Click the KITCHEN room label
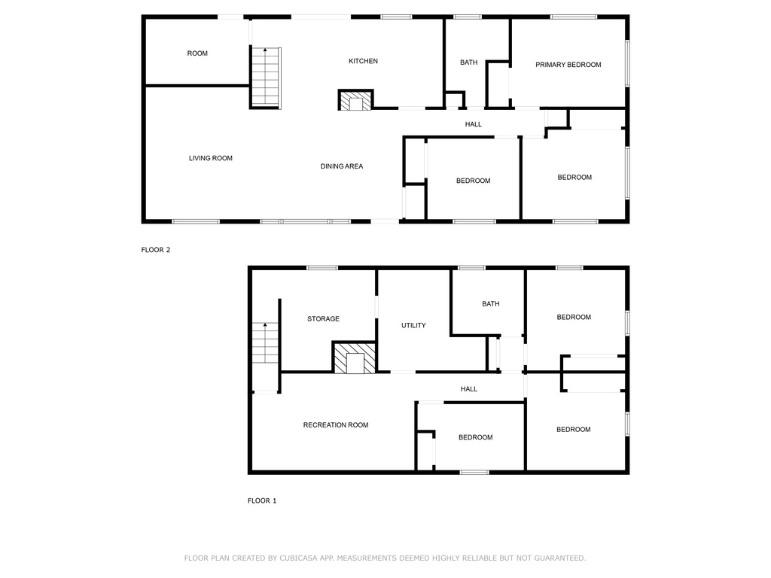[x=363, y=61]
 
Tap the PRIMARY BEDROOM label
[x=568, y=65]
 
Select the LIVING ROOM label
[x=211, y=158]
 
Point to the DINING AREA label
[x=342, y=166]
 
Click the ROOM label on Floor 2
[x=197, y=53]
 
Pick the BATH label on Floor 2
[x=468, y=62]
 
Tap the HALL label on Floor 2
[x=473, y=124]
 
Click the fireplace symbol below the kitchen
[x=356, y=100]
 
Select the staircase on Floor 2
[x=266, y=78]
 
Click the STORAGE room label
[x=323, y=318]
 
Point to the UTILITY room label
[x=413, y=325]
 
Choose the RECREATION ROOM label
[x=335, y=424]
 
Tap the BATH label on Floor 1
[x=491, y=304]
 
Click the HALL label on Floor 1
[x=468, y=389]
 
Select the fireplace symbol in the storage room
[x=355, y=357]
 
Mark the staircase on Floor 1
[x=266, y=343]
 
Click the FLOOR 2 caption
[x=155, y=250]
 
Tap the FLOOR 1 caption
[x=261, y=500]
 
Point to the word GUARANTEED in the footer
[x=559, y=558]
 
